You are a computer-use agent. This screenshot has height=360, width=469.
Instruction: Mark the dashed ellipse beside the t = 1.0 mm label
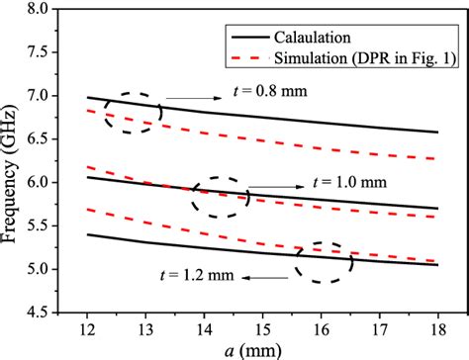pos(219,197)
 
